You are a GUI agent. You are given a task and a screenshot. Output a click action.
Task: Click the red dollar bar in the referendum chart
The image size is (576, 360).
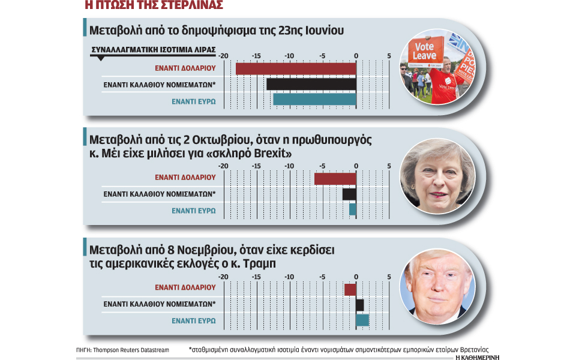pos(295,68)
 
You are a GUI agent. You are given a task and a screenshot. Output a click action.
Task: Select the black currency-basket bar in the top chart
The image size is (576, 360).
pos(311,84)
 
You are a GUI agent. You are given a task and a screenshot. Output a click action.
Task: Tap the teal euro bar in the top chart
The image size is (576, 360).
pos(314,100)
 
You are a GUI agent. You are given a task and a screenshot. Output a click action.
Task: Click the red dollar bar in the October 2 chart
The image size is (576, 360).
pos(335,178)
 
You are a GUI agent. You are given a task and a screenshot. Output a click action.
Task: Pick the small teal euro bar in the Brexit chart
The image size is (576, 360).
pos(353,209)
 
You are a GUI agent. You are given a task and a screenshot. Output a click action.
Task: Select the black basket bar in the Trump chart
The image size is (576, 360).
pos(360,305)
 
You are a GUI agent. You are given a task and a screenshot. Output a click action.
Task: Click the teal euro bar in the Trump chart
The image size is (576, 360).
pos(362,320)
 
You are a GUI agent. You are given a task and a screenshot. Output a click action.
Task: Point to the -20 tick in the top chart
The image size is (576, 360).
pos(223,56)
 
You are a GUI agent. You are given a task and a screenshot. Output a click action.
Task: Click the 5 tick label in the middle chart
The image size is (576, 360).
pos(389,166)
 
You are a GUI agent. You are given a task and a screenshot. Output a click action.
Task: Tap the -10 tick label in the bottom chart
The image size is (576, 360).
pos(289,277)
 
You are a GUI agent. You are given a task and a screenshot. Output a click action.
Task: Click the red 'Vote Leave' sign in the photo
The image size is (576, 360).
pos(425,52)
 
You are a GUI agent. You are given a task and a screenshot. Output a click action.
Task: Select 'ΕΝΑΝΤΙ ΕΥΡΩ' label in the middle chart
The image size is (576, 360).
pos(193,211)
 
